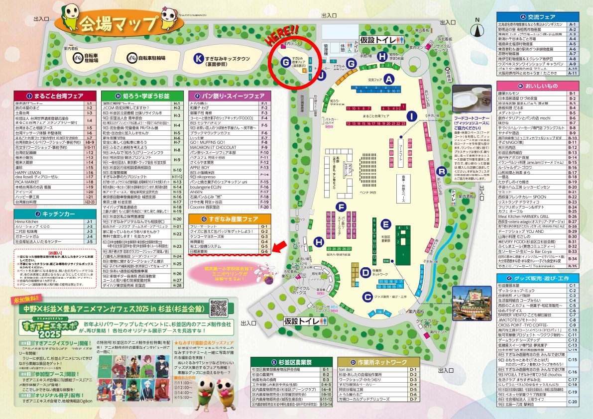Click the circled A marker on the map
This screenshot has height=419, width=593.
(x=390, y=79)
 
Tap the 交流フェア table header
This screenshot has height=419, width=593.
(x=538, y=16)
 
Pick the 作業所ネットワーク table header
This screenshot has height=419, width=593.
(x=378, y=362)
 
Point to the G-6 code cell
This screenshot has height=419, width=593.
(x=264, y=252)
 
